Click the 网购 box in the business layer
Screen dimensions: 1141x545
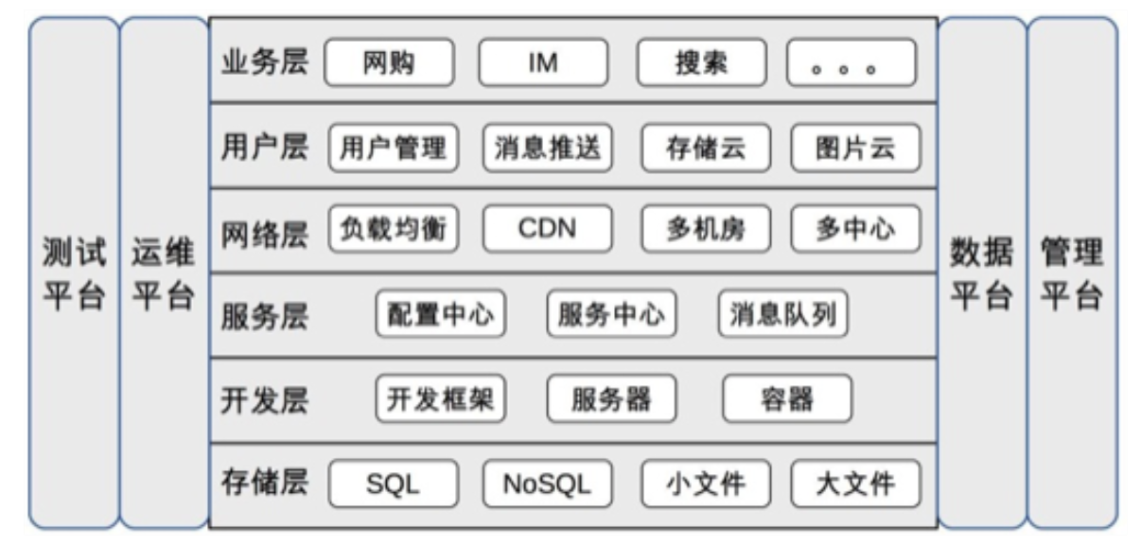(389, 63)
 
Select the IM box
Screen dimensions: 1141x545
(543, 63)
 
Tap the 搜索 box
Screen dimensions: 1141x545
(701, 63)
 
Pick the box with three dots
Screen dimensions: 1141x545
(851, 63)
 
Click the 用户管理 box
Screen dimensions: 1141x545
(394, 149)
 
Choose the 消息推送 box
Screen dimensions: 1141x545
(548, 149)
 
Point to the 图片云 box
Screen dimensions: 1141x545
(855, 149)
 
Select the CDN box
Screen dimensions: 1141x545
(548, 229)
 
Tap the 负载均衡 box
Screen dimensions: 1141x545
(394, 229)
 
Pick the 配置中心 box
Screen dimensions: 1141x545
(441, 314)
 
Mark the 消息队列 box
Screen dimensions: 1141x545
(782, 314)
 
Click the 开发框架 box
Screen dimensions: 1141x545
(441, 399)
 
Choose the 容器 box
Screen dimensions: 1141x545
(787, 399)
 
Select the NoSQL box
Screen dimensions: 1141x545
(548, 484)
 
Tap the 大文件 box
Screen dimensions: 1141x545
(855, 484)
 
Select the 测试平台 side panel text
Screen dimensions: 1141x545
(73, 274)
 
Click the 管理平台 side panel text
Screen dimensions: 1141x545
(1072, 274)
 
